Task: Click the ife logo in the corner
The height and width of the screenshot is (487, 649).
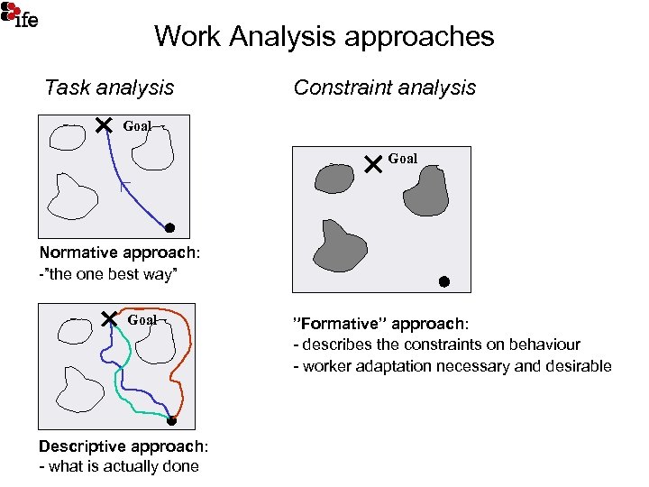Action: (20, 14)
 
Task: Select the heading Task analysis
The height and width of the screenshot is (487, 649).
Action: (109, 87)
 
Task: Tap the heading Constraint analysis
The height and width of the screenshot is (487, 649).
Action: (384, 87)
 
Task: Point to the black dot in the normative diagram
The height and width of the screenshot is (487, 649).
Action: (169, 227)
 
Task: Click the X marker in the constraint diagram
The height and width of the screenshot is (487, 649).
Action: (374, 164)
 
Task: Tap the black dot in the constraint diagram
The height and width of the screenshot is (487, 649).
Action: (443, 281)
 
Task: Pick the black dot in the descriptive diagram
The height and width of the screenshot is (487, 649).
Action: (171, 420)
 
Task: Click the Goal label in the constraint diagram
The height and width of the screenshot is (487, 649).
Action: (403, 159)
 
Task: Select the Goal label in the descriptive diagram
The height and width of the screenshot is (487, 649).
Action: (142, 319)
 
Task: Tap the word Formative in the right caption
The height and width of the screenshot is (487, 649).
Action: (332, 323)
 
